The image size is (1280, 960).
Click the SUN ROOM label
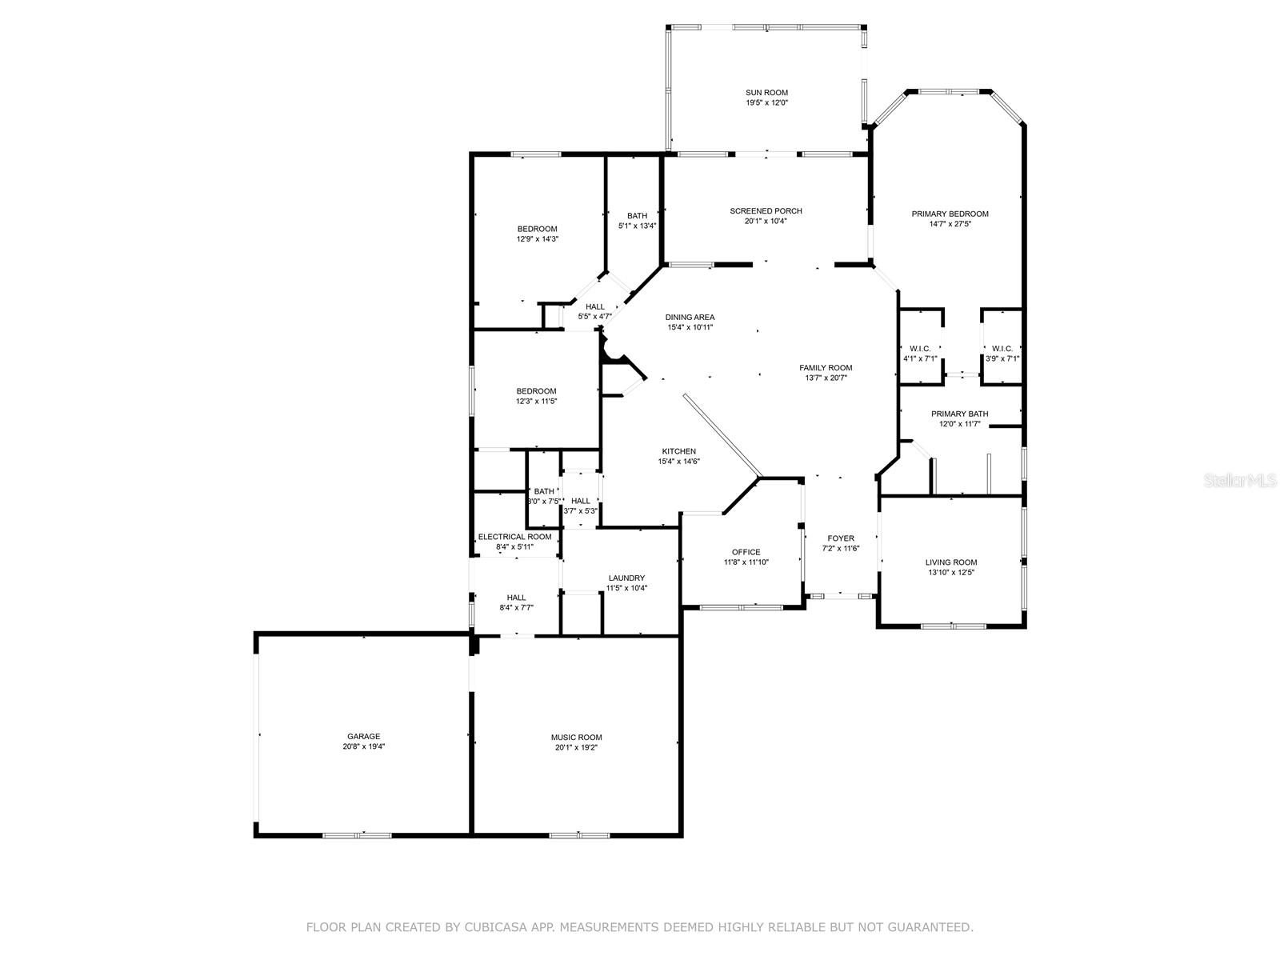pos(766,93)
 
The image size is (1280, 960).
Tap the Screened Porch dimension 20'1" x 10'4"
pos(766,222)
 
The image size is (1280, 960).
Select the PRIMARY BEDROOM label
pos(950,214)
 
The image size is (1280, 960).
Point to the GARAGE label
pos(363,736)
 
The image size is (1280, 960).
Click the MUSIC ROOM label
pos(576,738)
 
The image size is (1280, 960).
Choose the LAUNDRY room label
pos(626,578)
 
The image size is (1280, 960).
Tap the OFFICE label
pos(746,552)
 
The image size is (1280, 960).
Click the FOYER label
pos(840,538)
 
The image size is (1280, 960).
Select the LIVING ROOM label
pos(951,562)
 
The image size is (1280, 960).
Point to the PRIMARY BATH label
pos(959,414)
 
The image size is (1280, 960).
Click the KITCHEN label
pos(678,451)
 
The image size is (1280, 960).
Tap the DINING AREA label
pos(690,317)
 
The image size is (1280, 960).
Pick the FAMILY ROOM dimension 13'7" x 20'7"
pos(826,378)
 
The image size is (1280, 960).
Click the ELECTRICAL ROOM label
pos(514,537)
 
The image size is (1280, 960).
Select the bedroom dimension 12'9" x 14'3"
pos(537,239)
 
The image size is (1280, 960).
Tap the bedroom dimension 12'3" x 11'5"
pos(536,402)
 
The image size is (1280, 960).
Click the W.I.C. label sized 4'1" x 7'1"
pos(920,348)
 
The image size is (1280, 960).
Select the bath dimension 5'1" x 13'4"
pos(637,226)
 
